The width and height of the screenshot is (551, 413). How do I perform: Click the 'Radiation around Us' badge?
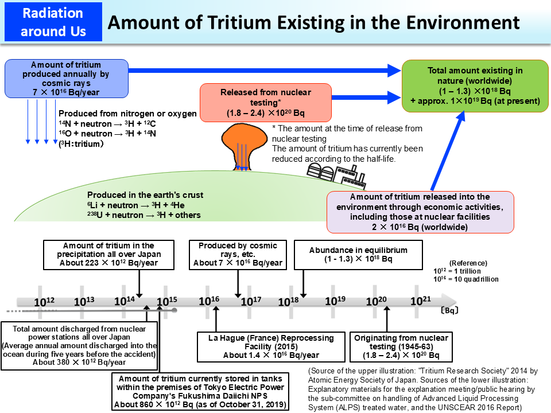pyautogui.click(x=53, y=22)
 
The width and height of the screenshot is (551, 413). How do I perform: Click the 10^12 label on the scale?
pyautogui.click(x=44, y=302)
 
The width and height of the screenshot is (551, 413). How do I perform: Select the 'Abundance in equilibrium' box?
pyautogui.click(x=358, y=255)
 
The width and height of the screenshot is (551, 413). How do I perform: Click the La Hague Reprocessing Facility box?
pyautogui.click(x=271, y=346)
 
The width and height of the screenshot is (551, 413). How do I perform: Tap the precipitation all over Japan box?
pyautogui.click(x=108, y=255)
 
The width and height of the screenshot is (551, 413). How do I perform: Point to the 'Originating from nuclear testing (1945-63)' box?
pyautogui.click(x=394, y=346)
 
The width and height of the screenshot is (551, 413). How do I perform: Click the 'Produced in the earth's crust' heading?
pyautogui.click(x=145, y=196)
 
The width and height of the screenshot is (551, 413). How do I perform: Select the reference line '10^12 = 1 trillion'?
pyautogui.click(x=457, y=271)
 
